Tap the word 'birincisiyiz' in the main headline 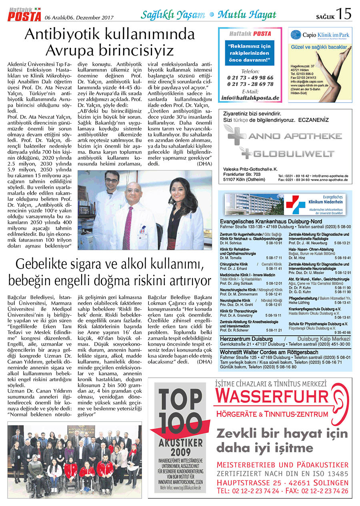(110, 50)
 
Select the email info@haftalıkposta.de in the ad (250, 97)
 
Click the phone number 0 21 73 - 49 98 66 (250, 78)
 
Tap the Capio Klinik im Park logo (320, 35)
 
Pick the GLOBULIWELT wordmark (294, 153)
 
